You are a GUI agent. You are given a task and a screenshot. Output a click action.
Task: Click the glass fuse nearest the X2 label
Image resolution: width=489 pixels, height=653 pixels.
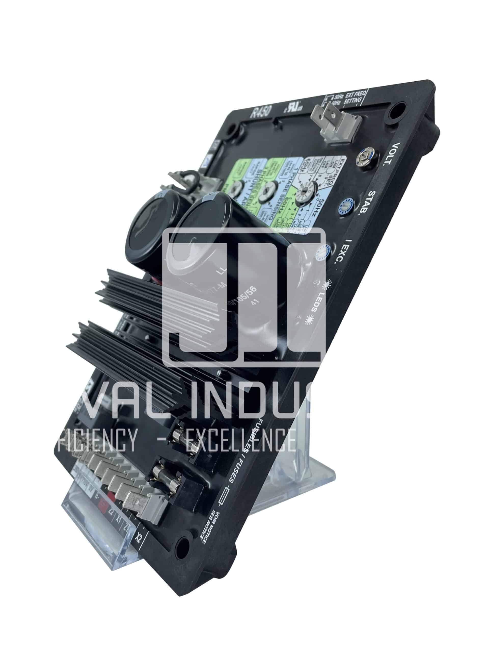click(162, 484)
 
